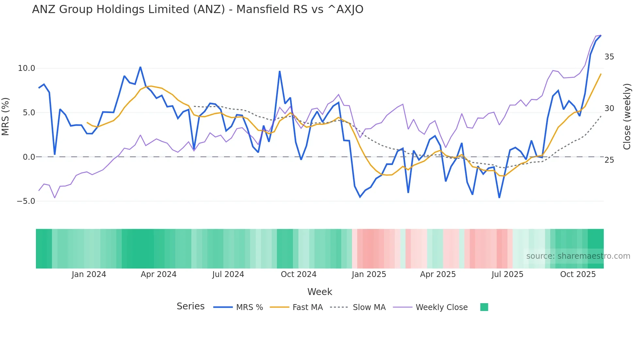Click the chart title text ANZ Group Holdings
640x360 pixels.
tap(197, 9)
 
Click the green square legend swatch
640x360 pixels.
tap(484, 307)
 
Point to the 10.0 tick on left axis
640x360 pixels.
tap(26, 68)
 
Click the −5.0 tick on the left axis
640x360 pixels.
tap(26, 201)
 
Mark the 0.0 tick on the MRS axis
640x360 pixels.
tap(29, 157)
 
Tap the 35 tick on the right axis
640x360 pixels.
tap(609, 57)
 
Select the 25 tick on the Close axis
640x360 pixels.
tap(609, 160)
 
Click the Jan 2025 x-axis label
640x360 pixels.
tap(369, 274)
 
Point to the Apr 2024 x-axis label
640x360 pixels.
tap(158, 274)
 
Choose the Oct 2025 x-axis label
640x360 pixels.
tap(578, 274)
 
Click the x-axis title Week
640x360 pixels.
tap(320, 292)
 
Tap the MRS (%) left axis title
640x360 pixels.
tap(6, 117)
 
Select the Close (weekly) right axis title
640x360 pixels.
tap(627, 117)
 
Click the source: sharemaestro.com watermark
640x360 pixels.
tap(578, 256)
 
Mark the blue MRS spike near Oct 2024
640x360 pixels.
tap(280, 72)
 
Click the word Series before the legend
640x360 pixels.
tap(190, 306)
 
